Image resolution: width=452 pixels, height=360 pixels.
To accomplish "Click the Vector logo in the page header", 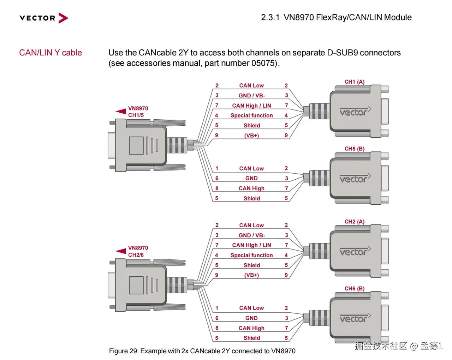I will (x=44, y=18).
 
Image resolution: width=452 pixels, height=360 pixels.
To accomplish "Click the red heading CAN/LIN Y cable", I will (x=50, y=53).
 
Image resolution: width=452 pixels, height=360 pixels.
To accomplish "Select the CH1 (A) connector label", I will (x=354, y=82).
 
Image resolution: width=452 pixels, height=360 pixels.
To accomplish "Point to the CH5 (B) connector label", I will (x=354, y=149).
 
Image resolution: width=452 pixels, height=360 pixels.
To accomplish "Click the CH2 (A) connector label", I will (x=354, y=222).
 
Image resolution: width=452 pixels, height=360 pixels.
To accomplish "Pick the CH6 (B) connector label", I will (x=354, y=288).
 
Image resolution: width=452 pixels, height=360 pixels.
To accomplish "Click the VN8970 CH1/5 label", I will (x=138, y=112).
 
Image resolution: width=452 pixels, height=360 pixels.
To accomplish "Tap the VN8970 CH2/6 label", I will (x=138, y=251).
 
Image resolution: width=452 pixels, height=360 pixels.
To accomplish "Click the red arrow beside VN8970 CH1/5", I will (x=121, y=111).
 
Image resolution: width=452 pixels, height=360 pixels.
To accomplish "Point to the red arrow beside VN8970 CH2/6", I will (x=121, y=251).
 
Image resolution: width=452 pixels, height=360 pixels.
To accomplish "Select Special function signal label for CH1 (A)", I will (x=251, y=115).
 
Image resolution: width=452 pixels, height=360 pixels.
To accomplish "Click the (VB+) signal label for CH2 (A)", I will (x=251, y=275).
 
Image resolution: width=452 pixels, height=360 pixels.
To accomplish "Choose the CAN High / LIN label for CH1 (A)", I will (x=251, y=106).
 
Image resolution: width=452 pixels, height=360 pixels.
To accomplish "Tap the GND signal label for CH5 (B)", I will (x=251, y=178).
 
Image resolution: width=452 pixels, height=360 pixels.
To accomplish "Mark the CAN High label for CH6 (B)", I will (x=251, y=328).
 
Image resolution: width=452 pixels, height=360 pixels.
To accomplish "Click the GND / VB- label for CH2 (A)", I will (x=251, y=235).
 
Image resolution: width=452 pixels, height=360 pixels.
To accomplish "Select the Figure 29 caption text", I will (x=202, y=351).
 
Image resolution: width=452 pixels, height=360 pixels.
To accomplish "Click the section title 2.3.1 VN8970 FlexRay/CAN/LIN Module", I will (x=336, y=17).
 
